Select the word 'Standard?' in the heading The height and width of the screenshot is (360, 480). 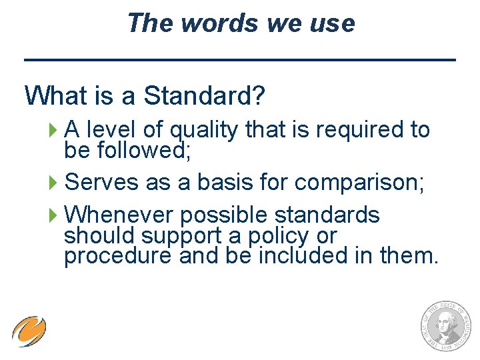click(205, 96)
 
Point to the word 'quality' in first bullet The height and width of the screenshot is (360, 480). click(205, 130)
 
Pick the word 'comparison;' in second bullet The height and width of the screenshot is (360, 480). click(357, 182)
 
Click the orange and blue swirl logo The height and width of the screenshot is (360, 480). click(29, 331)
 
